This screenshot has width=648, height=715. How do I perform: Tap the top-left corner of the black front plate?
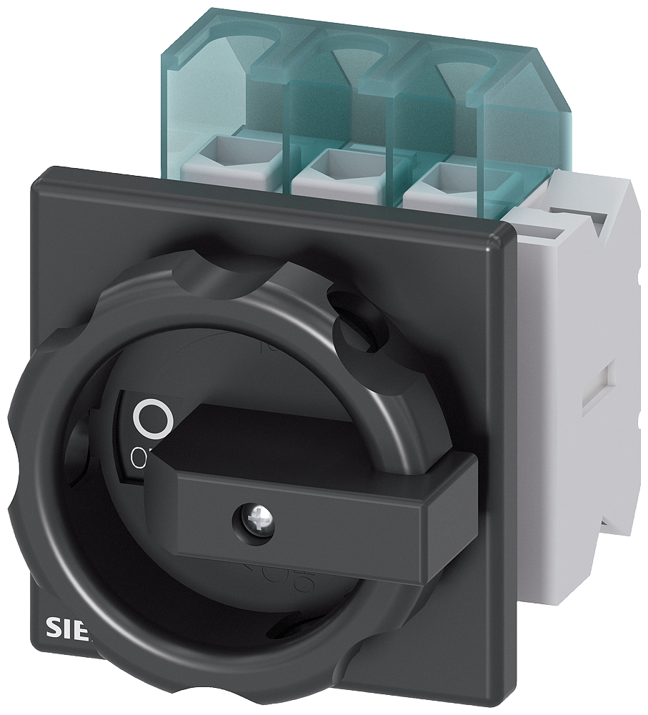click(37, 175)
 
